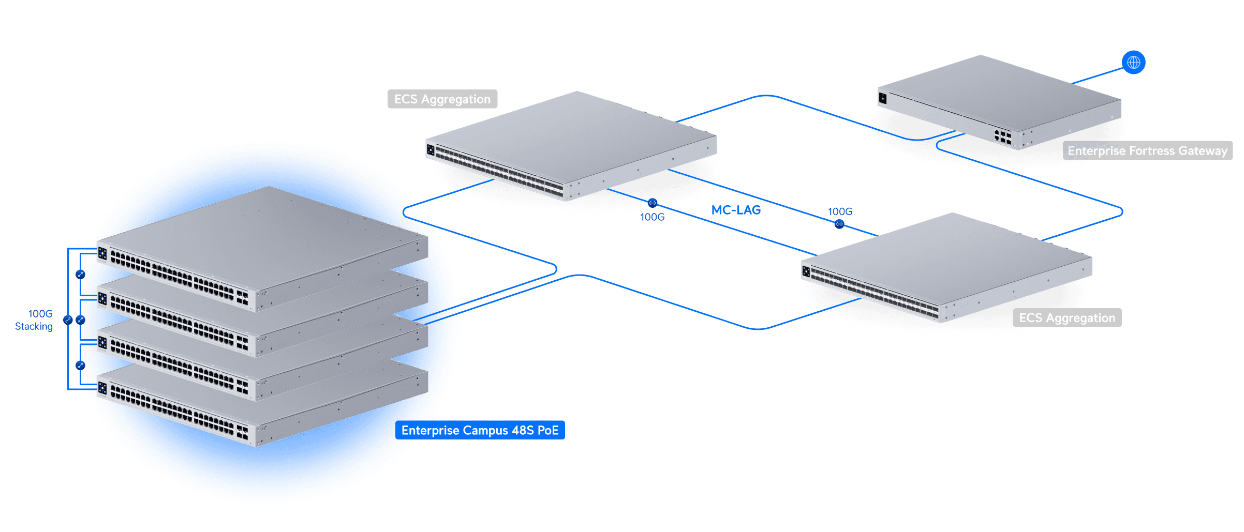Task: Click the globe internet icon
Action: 1133,63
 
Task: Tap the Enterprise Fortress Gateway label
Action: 1147,151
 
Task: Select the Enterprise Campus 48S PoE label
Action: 480,430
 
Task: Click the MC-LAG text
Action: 735,210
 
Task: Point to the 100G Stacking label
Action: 34,320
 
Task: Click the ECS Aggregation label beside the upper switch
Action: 442,99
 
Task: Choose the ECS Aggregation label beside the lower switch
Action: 1067,318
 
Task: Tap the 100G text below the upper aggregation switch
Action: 652,217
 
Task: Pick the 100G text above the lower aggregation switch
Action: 840,211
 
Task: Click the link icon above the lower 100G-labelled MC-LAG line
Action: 653,203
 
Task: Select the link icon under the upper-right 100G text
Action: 839,224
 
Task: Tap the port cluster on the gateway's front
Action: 1002,136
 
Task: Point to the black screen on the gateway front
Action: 883,98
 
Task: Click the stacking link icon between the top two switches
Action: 80,275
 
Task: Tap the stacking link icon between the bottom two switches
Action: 80,366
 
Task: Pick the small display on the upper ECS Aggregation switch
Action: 431,150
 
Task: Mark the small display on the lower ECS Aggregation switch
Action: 806,271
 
